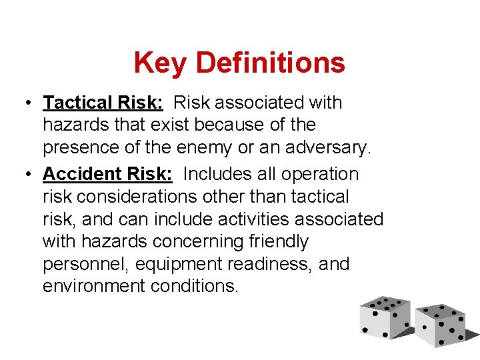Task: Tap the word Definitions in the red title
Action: click(x=271, y=63)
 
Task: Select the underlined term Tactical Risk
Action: click(x=104, y=103)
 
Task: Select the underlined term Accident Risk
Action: click(x=107, y=174)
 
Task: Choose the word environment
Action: click(x=89, y=286)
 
